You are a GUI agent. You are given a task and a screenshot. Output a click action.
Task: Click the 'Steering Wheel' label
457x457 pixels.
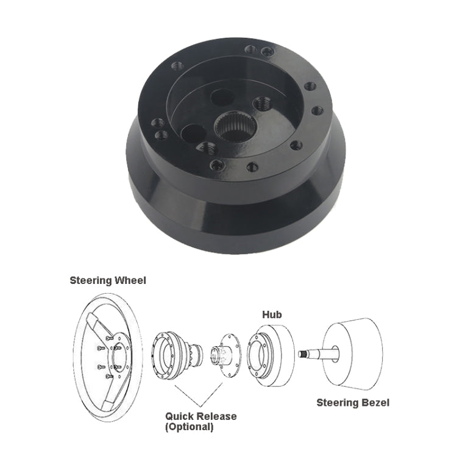(108, 281)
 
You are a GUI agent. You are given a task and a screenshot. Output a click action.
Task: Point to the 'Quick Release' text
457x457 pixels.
(200, 417)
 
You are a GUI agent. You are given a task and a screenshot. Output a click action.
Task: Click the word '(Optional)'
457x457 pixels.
(190, 427)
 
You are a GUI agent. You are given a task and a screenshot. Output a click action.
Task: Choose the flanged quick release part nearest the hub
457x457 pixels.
(225, 353)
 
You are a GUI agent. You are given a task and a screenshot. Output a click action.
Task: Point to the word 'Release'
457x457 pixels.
(216, 417)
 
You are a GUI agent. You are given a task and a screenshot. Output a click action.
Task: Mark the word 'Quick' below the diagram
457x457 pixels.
(179, 417)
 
